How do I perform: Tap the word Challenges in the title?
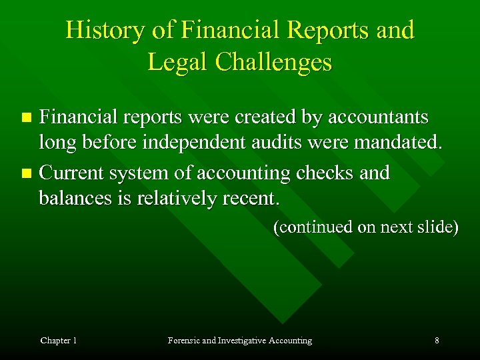point(276,62)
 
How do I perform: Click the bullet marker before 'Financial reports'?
point(27,118)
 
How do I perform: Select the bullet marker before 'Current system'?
point(27,174)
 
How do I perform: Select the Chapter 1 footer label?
point(59,341)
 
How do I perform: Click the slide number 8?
point(437,341)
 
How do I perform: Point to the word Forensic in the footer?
point(183,341)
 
